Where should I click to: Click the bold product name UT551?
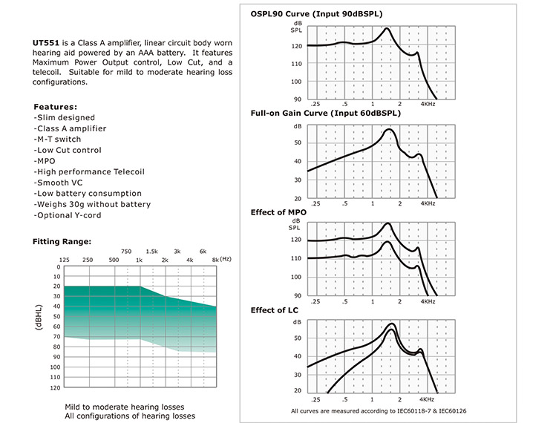(46, 43)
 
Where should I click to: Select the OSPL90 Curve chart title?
(316, 14)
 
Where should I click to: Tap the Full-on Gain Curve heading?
(326, 113)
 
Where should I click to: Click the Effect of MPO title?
(278, 212)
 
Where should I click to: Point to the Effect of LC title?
(274, 310)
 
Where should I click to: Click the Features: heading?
(56, 107)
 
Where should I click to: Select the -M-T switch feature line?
(57, 140)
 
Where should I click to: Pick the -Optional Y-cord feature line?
(68, 215)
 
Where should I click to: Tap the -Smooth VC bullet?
(58, 183)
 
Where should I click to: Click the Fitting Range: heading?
(62, 241)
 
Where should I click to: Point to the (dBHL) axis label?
(39, 318)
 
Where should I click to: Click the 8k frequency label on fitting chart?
(215, 260)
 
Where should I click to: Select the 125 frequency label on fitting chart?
(64, 260)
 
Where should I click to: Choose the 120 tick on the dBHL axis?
(56, 387)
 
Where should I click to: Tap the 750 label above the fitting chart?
(126, 252)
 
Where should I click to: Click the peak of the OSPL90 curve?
(387, 28)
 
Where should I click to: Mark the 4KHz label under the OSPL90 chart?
(428, 104)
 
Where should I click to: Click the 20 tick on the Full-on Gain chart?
(298, 199)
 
